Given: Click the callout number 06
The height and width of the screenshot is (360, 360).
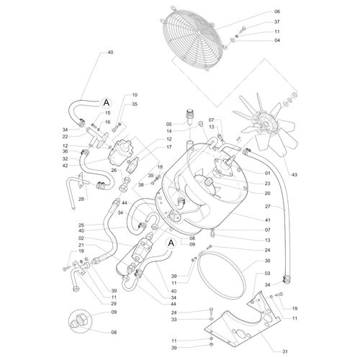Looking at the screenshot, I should point(257,12).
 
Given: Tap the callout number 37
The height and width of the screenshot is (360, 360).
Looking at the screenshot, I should point(257,22).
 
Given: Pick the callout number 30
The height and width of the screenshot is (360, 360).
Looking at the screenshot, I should point(267,261).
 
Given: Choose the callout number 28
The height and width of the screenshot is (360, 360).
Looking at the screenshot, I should point(81,199).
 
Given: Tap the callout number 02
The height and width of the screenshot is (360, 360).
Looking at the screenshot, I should point(81,238).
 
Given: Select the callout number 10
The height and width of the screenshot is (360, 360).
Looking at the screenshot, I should point(135,95).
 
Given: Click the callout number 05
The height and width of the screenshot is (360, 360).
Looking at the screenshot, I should point(170,124).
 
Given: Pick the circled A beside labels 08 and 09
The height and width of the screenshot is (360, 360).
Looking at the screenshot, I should point(171,243).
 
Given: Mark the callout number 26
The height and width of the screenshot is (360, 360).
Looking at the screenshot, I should point(114,170).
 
